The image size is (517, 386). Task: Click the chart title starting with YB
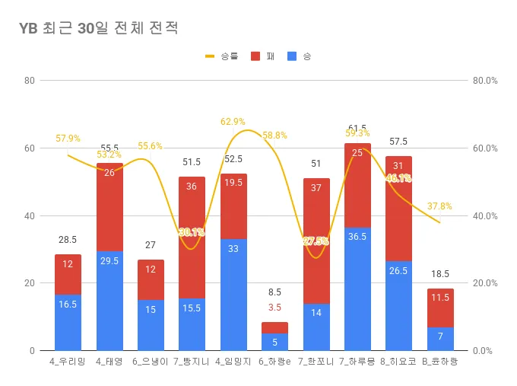[99, 29]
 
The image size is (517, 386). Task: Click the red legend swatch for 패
[255, 56]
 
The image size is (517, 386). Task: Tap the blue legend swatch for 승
[293, 56]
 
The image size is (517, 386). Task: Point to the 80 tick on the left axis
[30, 80]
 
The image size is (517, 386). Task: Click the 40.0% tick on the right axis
[484, 215]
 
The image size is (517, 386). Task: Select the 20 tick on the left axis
[30, 283]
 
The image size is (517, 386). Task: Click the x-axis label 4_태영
[109, 362]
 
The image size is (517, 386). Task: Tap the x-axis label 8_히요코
[398, 362]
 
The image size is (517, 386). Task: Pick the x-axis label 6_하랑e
[274, 362]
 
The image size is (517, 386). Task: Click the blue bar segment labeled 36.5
[357, 289]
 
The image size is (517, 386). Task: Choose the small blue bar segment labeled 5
[274, 342]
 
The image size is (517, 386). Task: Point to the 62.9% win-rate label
[233, 121]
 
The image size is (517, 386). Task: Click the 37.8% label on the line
[439, 206]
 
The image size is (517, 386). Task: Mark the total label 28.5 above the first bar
[68, 240]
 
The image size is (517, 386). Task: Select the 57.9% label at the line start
[68, 139]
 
